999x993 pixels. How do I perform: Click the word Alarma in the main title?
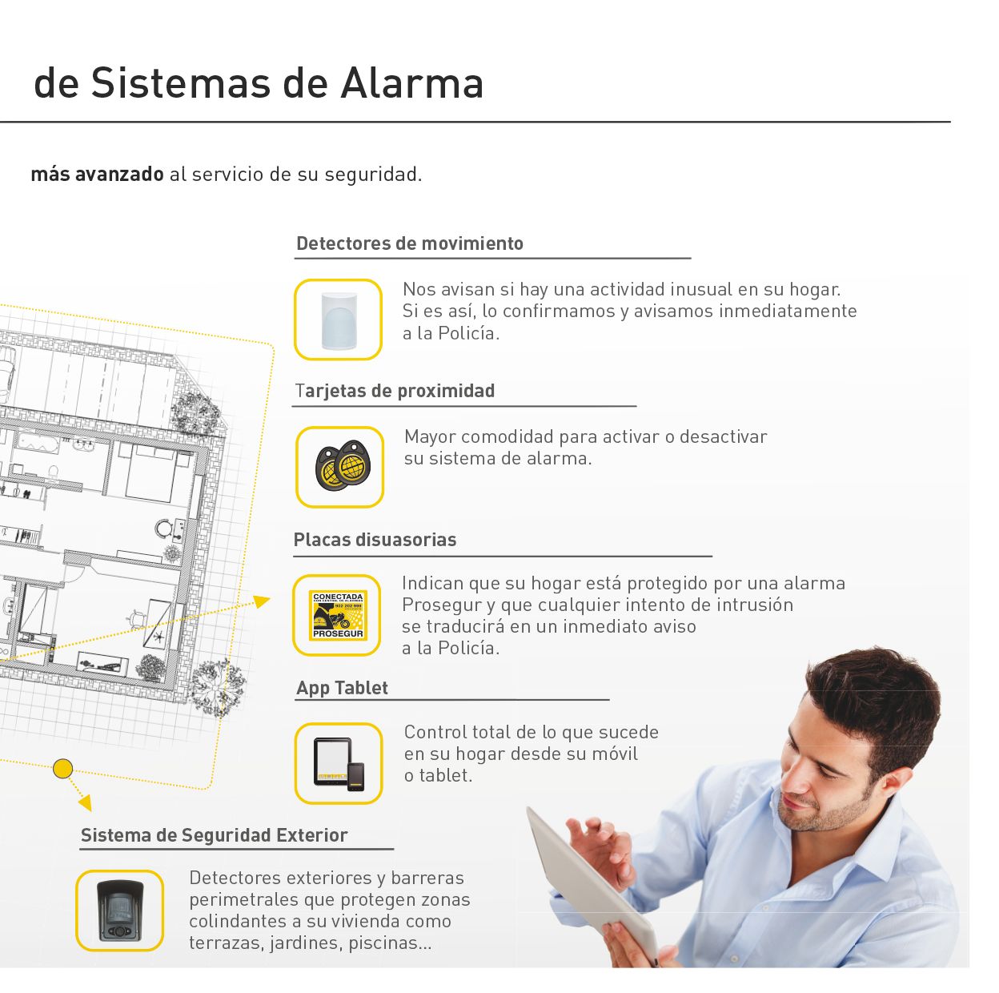tap(412, 83)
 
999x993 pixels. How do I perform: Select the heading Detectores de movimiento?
tap(410, 243)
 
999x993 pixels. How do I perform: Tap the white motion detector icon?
tap(339, 320)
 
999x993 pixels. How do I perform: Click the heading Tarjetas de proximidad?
tap(395, 391)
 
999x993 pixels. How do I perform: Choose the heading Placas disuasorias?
tap(375, 540)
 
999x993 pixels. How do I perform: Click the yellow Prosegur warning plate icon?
tap(338, 615)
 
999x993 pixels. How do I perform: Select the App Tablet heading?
tap(342, 688)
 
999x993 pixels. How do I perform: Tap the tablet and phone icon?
tap(339, 764)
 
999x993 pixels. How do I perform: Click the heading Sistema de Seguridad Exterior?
tap(214, 835)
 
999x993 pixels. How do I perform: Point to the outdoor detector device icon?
tap(120, 911)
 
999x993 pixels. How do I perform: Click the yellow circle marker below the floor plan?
tap(62, 768)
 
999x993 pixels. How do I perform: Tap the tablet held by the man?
tap(591, 882)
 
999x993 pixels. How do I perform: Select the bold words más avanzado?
tap(98, 175)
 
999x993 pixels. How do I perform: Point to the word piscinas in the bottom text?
tap(390, 943)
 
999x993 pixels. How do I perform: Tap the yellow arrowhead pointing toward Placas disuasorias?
tap(262, 601)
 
